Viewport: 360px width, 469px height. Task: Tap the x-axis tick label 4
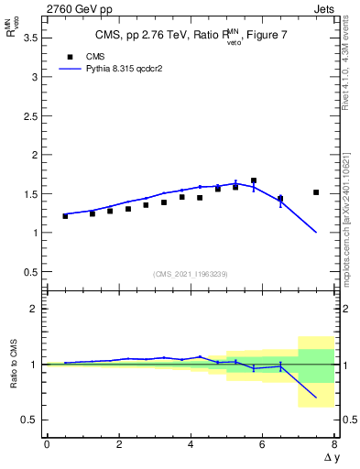191,444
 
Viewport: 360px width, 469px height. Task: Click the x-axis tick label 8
334,444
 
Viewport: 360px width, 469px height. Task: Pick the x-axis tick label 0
47,444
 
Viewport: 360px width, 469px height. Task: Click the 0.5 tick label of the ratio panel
29,420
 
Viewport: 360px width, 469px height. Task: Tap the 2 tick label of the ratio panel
35,309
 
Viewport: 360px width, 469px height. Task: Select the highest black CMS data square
254,180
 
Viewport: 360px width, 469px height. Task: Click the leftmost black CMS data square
65,216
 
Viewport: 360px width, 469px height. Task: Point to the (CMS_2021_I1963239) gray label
190,274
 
